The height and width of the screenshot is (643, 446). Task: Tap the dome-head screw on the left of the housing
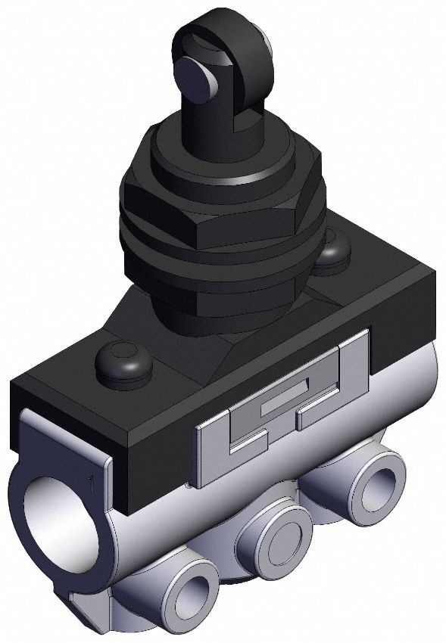[123, 364]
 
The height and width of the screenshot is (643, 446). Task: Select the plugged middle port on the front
[275, 533]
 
